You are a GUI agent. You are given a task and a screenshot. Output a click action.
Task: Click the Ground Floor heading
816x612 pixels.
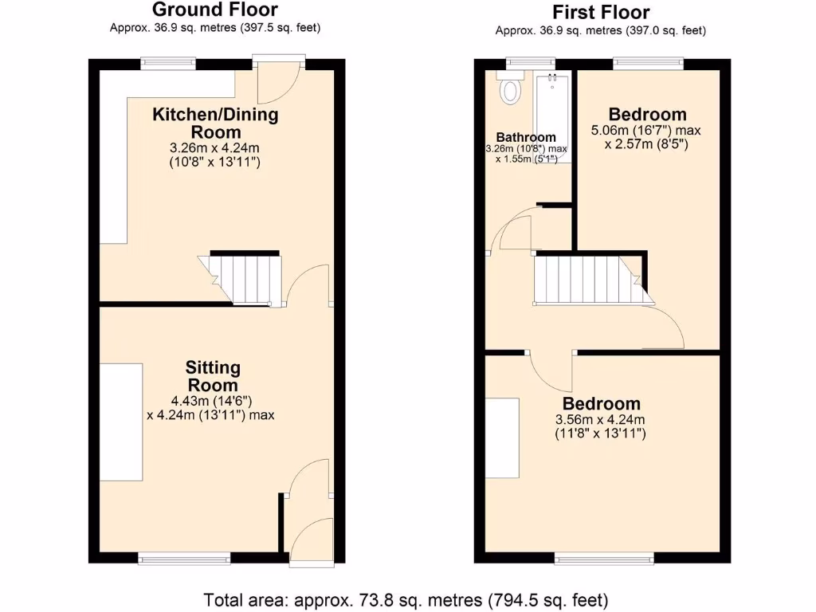click(214, 10)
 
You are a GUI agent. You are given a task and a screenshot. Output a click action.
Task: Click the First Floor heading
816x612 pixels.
click(601, 12)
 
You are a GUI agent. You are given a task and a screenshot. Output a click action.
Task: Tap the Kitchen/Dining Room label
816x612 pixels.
click(215, 123)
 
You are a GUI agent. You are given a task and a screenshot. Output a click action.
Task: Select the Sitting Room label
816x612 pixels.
click(213, 376)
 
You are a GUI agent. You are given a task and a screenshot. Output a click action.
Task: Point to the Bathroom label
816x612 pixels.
click(525, 137)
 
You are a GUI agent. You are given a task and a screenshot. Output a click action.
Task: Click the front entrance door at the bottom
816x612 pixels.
click(311, 542)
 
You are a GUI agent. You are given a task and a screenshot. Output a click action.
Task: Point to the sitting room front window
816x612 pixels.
click(184, 559)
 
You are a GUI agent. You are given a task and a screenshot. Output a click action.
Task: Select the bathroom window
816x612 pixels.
click(532, 61)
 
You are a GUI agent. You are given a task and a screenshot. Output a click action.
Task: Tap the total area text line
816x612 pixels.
click(406, 599)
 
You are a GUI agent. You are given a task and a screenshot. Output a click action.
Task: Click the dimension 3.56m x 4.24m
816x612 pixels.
click(600, 420)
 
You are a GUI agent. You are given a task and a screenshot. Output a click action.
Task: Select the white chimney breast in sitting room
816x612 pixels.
click(121, 422)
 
